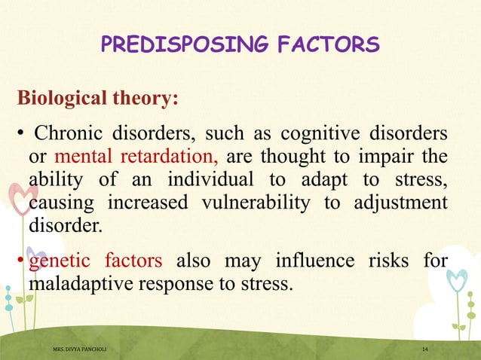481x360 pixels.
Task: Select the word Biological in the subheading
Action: pos(58,99)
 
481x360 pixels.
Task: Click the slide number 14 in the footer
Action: pos(426,350)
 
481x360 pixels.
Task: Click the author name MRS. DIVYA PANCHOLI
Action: pos(83,350)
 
